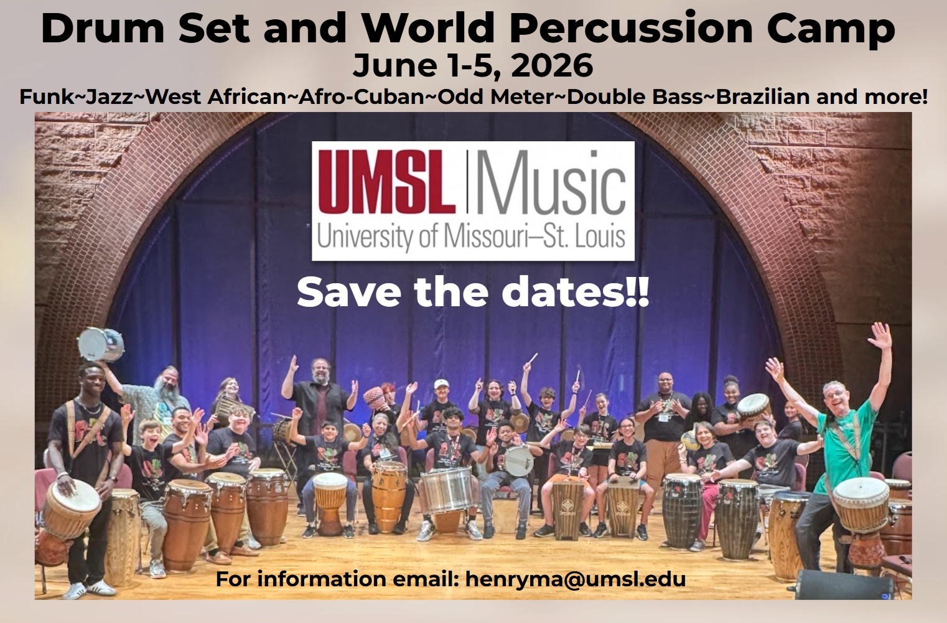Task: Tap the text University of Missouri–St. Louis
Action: point(471,237)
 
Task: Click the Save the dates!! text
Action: point(473,293)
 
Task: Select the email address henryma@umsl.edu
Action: point(575,579)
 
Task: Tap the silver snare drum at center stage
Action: point(446,489)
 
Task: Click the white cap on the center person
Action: point(441,385)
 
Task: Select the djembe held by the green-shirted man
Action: point(861,504)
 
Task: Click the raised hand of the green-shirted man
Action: point(880,336)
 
